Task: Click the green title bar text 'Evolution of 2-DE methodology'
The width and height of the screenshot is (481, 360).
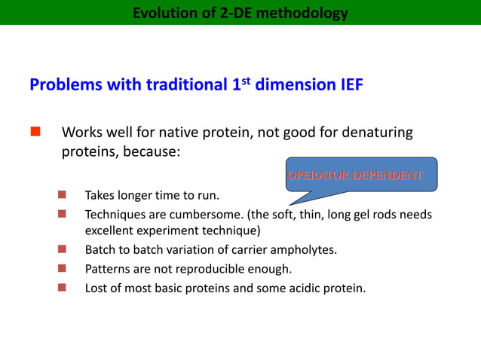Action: [240, 13]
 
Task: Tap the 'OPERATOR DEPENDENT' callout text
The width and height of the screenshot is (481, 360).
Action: [354, 175]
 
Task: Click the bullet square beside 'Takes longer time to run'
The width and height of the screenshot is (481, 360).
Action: [63, 197]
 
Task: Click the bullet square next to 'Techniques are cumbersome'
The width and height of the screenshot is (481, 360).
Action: [63, 215]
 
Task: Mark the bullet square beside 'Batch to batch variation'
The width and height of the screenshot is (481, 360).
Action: [63, 249]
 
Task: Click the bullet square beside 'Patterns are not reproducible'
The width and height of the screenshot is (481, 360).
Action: [63, 268]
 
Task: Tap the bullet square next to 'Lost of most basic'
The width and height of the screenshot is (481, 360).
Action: [63, 287]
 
